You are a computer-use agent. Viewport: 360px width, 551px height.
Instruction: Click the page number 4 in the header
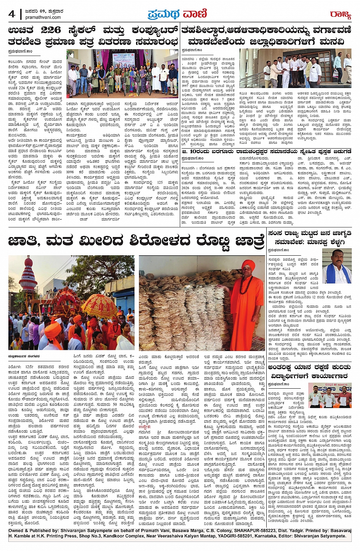(x=12, y=14)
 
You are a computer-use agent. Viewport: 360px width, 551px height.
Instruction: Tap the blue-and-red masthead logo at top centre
(x=178, y=14)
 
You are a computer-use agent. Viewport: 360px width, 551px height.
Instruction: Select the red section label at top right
(x=340, y=14)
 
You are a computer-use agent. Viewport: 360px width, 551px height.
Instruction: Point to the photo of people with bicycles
(x=122, y=74)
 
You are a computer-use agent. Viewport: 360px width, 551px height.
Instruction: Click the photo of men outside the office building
(x=295, y=68)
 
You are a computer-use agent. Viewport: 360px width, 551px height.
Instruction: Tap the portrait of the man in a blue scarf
(x=337, y=266)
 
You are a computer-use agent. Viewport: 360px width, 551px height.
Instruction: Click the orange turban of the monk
(x=248, y=264)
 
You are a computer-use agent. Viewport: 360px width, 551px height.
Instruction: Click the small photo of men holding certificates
(x=330, y=397)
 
